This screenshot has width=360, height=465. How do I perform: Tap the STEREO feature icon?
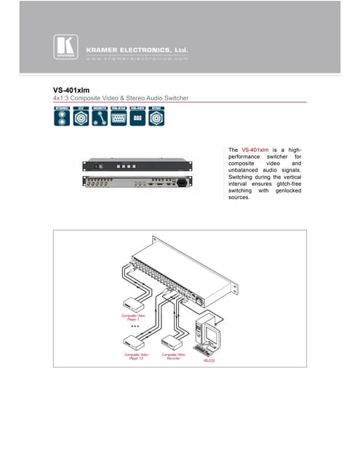pos(63,116)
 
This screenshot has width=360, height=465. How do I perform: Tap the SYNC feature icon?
pos(156,116)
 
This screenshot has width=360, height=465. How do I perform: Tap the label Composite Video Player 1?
pos(133,318)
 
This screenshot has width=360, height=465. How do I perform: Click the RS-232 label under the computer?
pos(208,360)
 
